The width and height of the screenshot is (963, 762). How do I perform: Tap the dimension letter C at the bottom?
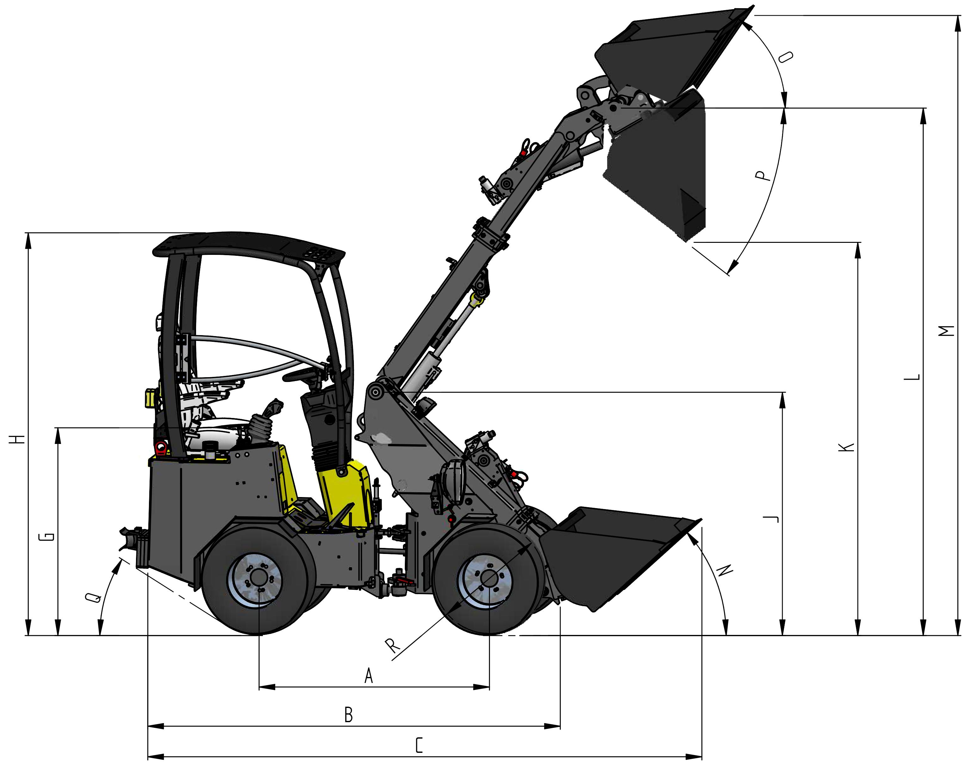click(x=419, y=746)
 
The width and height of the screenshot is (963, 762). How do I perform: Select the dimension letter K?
click(x=847, y=447)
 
